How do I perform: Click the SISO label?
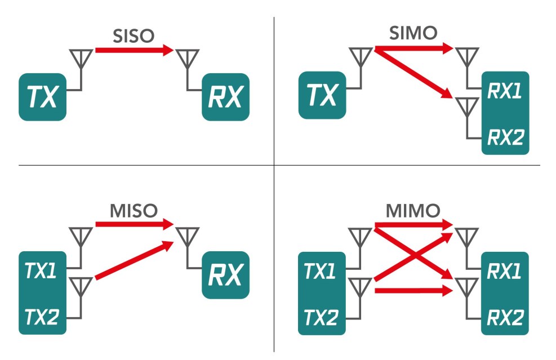(134, 37)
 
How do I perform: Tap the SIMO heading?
(413, 33)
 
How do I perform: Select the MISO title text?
(133, 211)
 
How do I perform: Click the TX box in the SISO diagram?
(42, 97)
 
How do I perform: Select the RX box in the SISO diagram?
(225, 97)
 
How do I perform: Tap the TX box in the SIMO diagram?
(322, 95)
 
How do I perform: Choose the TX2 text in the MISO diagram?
(41, 317)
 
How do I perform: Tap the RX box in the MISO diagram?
(225, 275)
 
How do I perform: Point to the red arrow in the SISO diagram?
(134, 51)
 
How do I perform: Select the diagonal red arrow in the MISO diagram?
(134, 260)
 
